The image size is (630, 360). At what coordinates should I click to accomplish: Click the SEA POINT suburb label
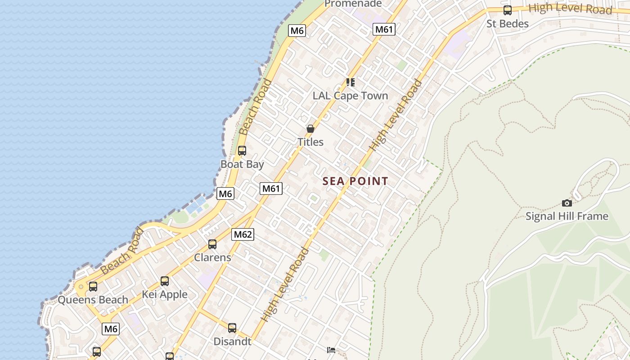tap(355, 181)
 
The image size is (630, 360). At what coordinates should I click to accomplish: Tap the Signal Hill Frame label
tap(567, 216)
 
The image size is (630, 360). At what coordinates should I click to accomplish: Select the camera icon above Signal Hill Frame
tap(567, 203)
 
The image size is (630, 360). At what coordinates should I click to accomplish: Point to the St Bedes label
tap(508, 23)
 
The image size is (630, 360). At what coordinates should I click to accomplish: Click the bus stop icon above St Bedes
tap(508, 10)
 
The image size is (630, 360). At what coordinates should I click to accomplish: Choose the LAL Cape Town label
tap(350, 96)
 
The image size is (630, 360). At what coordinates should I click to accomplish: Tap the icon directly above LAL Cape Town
tap(350, 82)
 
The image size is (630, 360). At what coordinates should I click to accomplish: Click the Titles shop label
tap(310, 142)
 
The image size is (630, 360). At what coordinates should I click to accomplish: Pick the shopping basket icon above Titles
tap(310, 129)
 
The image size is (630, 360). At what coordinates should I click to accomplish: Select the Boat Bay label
tap(242, 164)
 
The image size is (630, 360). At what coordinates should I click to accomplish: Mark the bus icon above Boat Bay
tap(242, 151)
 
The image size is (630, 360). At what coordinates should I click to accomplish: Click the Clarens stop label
tap(212, 258)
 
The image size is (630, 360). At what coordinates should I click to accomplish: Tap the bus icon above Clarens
tap(212, 244)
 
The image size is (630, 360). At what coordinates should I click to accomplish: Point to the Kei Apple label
tap(165, 295)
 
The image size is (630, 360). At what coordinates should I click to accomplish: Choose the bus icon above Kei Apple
tap(165, 281)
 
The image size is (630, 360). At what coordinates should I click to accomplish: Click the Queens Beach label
tap(93, 300)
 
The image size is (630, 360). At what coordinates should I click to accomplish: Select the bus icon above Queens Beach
tap(93, 286)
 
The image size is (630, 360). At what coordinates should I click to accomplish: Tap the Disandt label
tap(232, 342)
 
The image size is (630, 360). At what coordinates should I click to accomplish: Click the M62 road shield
tap(243, 234)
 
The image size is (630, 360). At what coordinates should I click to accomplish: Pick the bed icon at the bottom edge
tap(331, 350)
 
